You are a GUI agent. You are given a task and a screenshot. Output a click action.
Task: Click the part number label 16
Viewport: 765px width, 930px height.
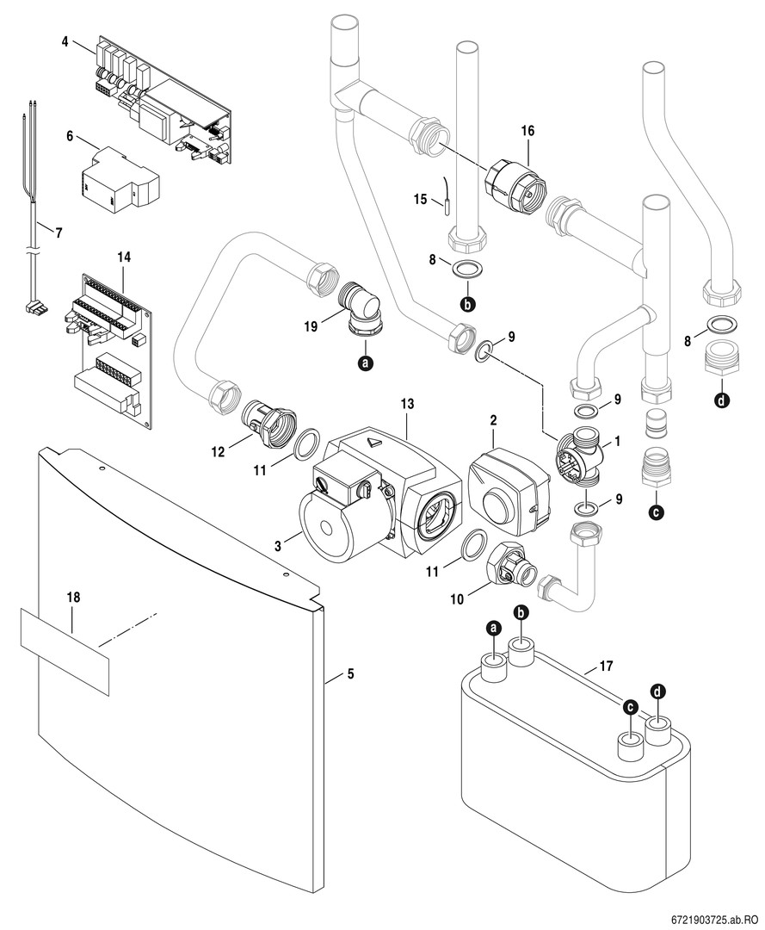point(527,130)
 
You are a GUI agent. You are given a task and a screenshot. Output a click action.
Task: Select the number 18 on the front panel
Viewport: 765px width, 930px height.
point(72,597)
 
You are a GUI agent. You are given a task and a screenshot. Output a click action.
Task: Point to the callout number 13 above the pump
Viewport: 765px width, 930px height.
point(407,404)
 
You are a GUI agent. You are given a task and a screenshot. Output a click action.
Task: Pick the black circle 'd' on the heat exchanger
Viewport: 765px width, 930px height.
point(658,691)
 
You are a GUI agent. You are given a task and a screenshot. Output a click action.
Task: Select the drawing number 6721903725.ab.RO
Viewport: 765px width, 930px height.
point(711,919)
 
